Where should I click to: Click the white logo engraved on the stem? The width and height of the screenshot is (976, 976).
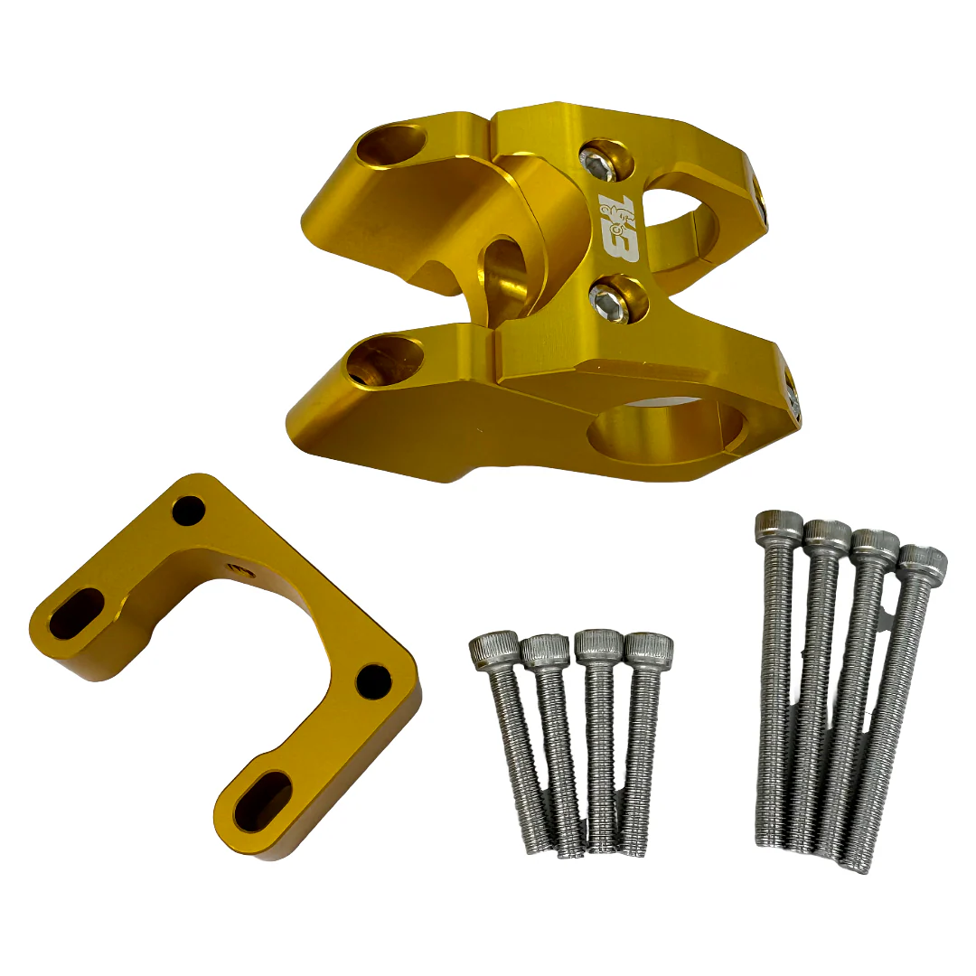(618, 227)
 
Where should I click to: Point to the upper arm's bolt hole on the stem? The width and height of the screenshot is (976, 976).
(390, 145)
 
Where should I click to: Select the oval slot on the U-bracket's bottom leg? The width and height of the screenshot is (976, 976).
(262, 801)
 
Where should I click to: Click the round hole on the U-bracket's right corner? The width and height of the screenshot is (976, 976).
(373, 680)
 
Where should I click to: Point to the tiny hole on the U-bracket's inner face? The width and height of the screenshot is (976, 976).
(237, 568)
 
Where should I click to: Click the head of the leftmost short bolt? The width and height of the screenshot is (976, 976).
(493, 650)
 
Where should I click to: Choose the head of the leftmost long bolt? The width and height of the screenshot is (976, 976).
(779, 525)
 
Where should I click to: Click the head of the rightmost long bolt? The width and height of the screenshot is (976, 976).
(923, 563)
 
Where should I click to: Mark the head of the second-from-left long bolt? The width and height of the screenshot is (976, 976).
(827, 535)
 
